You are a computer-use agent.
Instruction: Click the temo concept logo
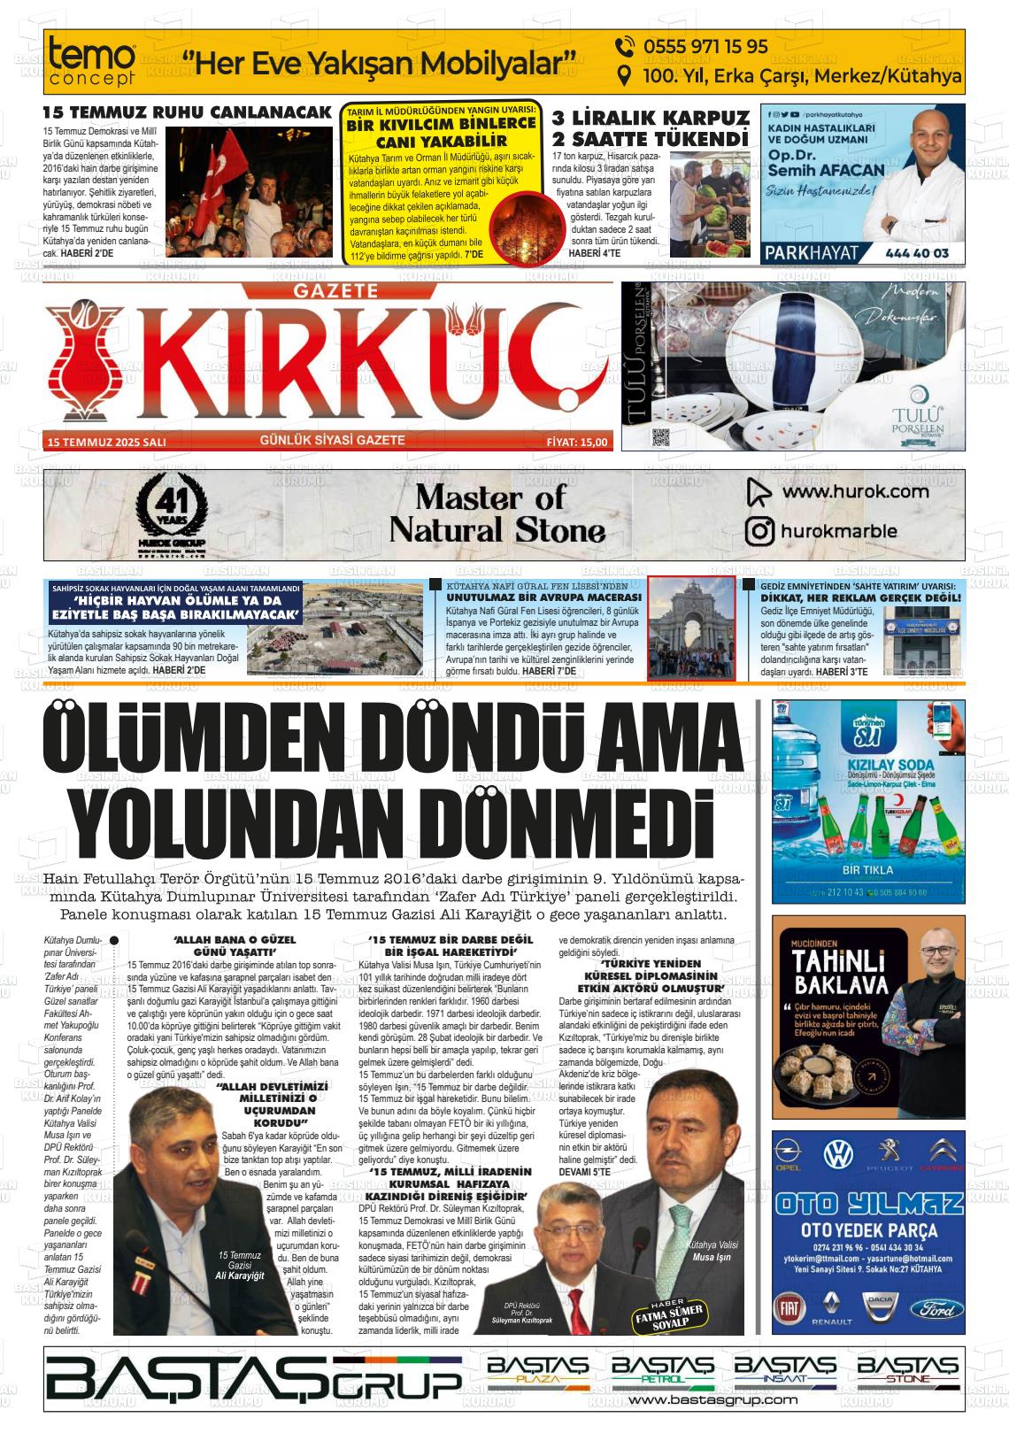click(x=93, y=63)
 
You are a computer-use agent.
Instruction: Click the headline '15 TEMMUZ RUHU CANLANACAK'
click(x=187, y=112)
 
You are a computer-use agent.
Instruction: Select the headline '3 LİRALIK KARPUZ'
click(x=651, y=119)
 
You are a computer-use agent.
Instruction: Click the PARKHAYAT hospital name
click(x=811, y=253)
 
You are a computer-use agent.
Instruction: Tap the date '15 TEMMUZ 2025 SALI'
click(x=107, y=442)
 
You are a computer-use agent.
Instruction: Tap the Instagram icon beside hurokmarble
click(x=759, y=531)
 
